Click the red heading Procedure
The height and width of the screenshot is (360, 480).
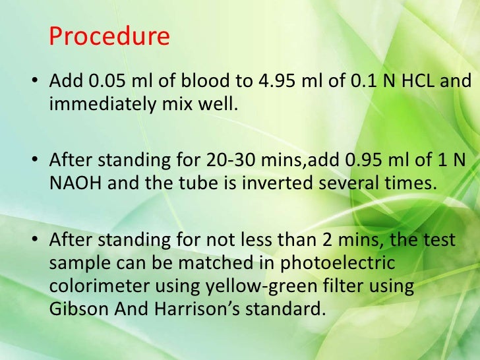point(109,36)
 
